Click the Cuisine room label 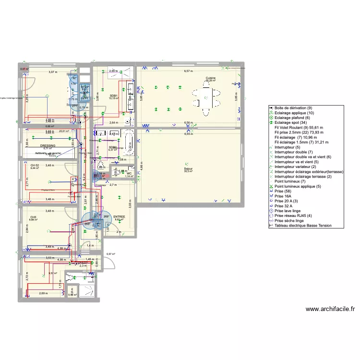(x=210, y=78)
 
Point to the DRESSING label (x=48, y=145)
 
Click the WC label (x=129, y=173)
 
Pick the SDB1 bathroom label (x=114, y=96)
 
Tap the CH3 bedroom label (x=34, y=217)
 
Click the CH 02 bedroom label (x=35, y=165)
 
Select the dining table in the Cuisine (x=206, y=101)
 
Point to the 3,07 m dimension (x=52, y=72)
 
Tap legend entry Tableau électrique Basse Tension (x=302, y=226)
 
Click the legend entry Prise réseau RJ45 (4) (x=296, y=216)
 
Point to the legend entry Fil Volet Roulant (x=298, y=128)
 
